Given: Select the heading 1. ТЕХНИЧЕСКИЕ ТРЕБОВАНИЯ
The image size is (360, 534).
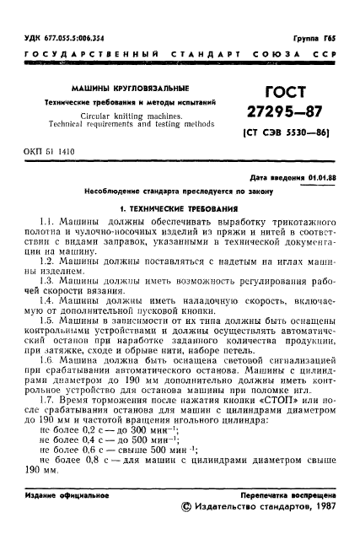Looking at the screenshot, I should [179, 207].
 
